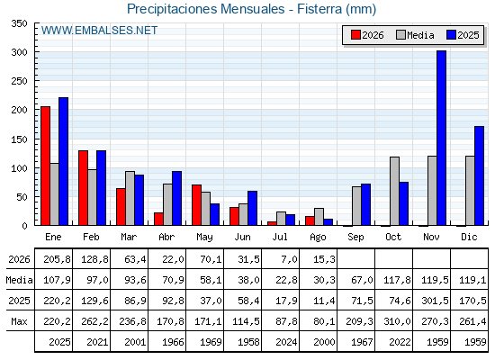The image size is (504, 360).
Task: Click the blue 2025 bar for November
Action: tap(441, 138)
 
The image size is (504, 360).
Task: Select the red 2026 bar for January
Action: tap(45, 166)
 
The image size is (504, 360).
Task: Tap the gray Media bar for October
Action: tap(394, 191)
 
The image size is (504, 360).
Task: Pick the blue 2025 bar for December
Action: tap(479, 175)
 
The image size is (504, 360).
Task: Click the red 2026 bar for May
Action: tap(196, 205)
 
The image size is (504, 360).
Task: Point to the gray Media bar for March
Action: tap(130, 198)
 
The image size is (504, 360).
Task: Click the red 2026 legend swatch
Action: tap(355, 35)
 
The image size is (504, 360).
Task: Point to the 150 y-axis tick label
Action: tap(19, 139)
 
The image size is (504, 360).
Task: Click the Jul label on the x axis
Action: tap(280, 237)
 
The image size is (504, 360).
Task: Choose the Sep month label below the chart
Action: tap(355, 238)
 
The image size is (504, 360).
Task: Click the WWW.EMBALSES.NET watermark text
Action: tap(99, 31)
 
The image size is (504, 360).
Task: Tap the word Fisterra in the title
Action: tap(319, 9)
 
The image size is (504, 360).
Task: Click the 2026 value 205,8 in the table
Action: tap(57, 259)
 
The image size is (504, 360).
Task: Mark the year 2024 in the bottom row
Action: tap(286, 342)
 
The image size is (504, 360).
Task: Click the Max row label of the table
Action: tap(19, 321)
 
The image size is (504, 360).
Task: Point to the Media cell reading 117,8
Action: tap(397, 280)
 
